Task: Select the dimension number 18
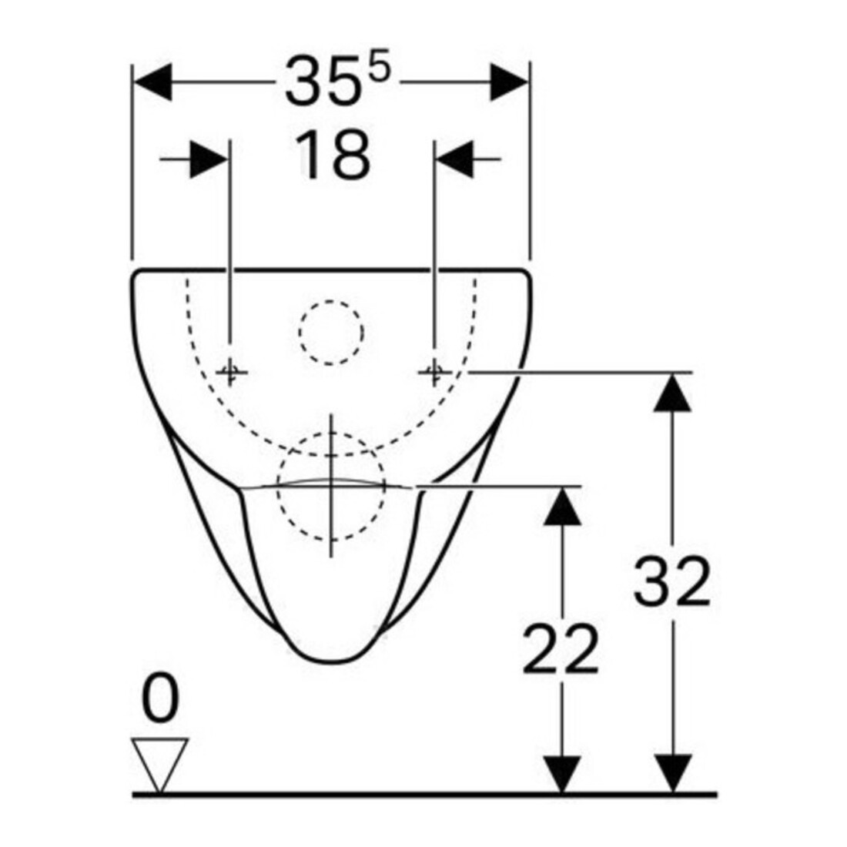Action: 333,155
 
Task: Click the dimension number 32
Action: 671,581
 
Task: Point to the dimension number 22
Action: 561,648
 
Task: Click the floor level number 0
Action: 160,698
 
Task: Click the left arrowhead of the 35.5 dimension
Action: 152,82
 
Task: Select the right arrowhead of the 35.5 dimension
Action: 509,82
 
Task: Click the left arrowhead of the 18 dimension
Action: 209,159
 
